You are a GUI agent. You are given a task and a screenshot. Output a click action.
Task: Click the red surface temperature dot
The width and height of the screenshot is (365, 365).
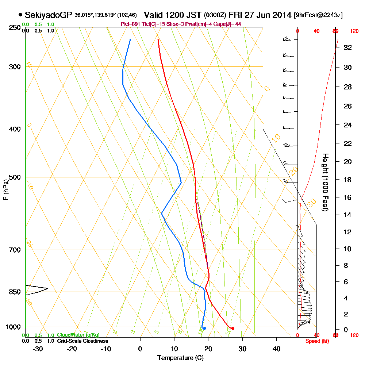[233, 328]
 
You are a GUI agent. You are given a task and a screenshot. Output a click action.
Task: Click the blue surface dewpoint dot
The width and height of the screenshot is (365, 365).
[204, 328]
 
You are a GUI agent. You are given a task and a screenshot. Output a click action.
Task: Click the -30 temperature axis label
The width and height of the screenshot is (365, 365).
[38, 349]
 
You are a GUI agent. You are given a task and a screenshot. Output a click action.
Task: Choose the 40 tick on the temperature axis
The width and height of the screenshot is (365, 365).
[277, 349]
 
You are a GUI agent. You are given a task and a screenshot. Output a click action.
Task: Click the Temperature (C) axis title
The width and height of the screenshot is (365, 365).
[180, 358]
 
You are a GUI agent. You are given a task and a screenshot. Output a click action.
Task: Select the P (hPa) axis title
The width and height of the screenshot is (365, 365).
[5, 189]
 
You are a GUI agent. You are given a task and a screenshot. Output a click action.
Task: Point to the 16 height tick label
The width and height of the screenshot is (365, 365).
[348, 197]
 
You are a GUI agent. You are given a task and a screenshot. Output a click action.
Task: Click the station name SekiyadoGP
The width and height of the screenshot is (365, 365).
[49, 15]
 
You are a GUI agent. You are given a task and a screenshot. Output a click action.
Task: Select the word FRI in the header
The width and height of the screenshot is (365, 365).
[237, 15]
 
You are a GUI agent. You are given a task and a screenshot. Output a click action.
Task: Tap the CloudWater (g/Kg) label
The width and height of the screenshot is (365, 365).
[78, 335]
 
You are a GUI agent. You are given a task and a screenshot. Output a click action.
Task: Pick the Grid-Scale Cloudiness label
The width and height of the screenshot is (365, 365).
[82, 341]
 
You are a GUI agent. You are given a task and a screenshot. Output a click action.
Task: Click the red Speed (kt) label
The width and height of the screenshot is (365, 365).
[316, 341]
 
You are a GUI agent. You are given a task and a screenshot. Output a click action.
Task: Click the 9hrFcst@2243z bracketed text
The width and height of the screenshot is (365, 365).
[318, 15]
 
